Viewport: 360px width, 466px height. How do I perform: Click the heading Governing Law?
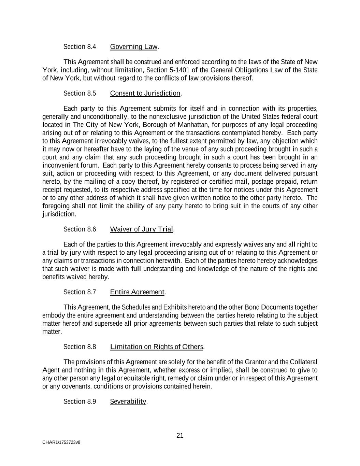134,46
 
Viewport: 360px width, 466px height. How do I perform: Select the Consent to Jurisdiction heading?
145,93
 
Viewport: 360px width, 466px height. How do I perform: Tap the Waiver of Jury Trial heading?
142,229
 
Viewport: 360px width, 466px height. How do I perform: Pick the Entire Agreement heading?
137,292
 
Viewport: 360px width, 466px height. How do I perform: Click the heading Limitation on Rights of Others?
157,347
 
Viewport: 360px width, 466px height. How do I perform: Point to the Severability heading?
128,401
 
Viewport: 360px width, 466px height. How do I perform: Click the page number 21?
180,435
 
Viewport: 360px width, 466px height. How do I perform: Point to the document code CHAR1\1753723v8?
61,442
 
